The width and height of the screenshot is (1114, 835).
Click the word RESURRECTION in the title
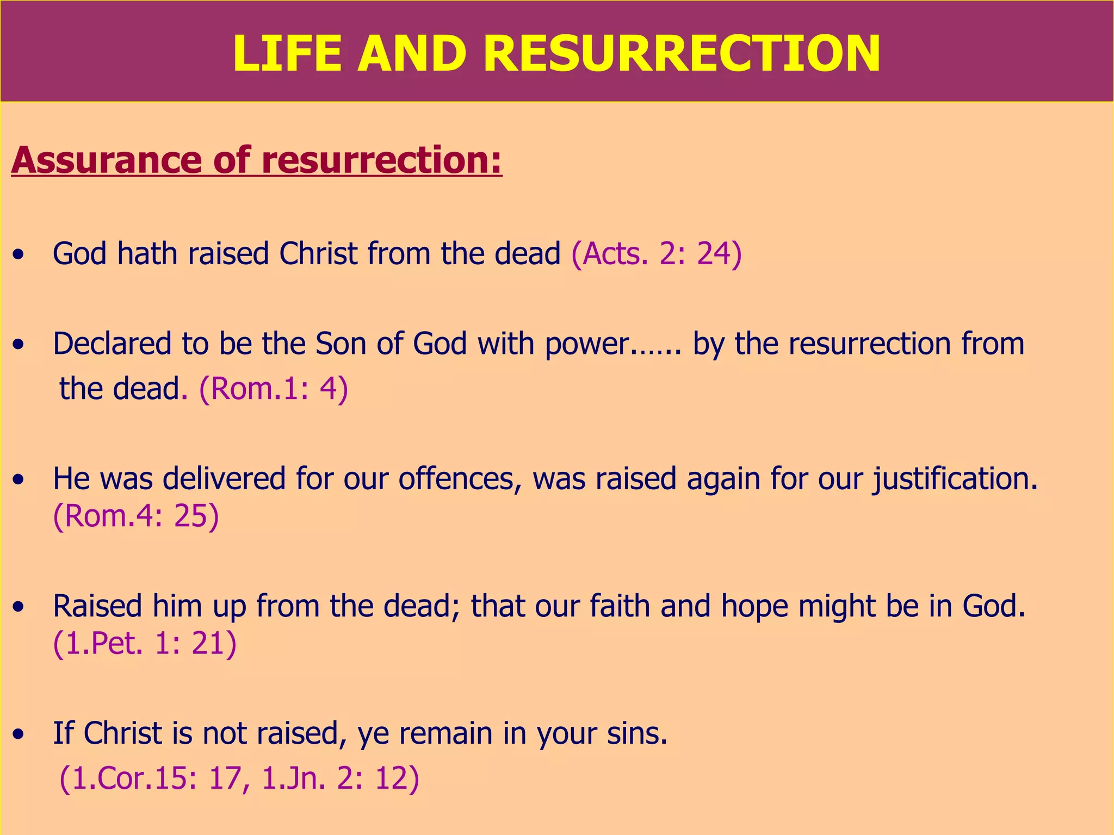[x=681, y=53]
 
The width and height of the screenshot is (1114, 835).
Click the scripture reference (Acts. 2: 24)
[x=657, y=254]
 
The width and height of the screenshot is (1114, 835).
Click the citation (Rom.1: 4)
[x=274, y=389]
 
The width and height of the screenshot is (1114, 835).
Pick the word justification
[x=955, y=479]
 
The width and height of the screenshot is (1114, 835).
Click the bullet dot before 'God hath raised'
[x=20, y=255]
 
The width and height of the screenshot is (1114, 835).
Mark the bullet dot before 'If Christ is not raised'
[x=20, y=734]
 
